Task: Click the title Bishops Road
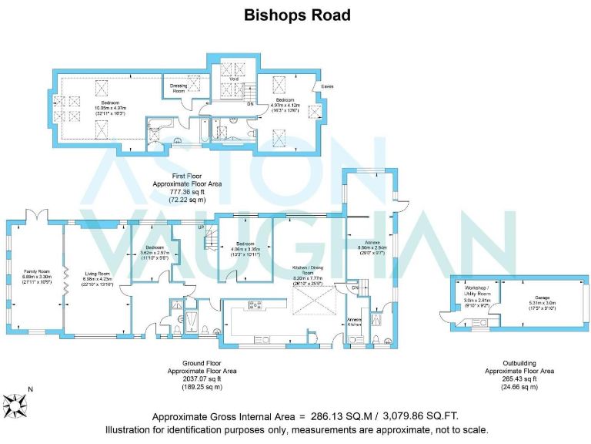point(296,15)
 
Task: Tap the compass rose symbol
point(15,403)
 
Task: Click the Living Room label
point(98,273)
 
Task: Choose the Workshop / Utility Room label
point(477,291)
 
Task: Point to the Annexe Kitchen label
point(354,321)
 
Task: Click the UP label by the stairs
point(202,227)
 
